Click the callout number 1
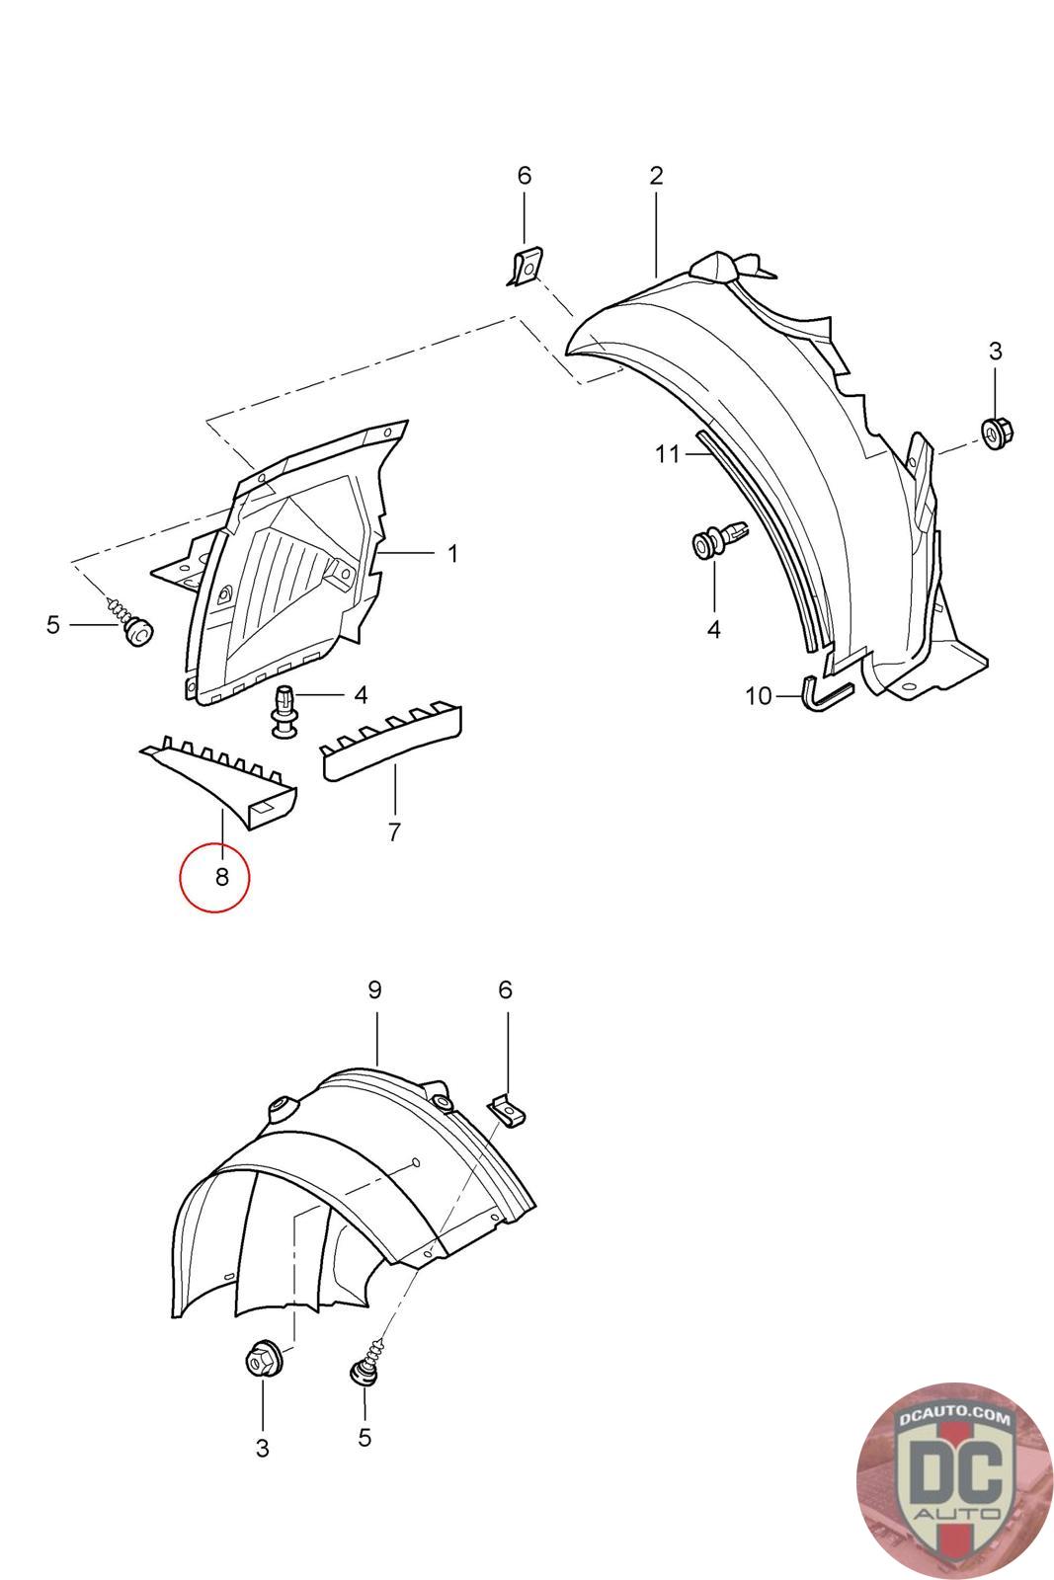[x=452, y=554]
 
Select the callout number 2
[x=656, y=176]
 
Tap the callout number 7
[x=394, y=832]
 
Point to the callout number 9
[x=374, y=989]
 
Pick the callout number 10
[x=758, y=696]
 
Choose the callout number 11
[x=668, y=454]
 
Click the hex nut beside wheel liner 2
[x=994, y=431]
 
